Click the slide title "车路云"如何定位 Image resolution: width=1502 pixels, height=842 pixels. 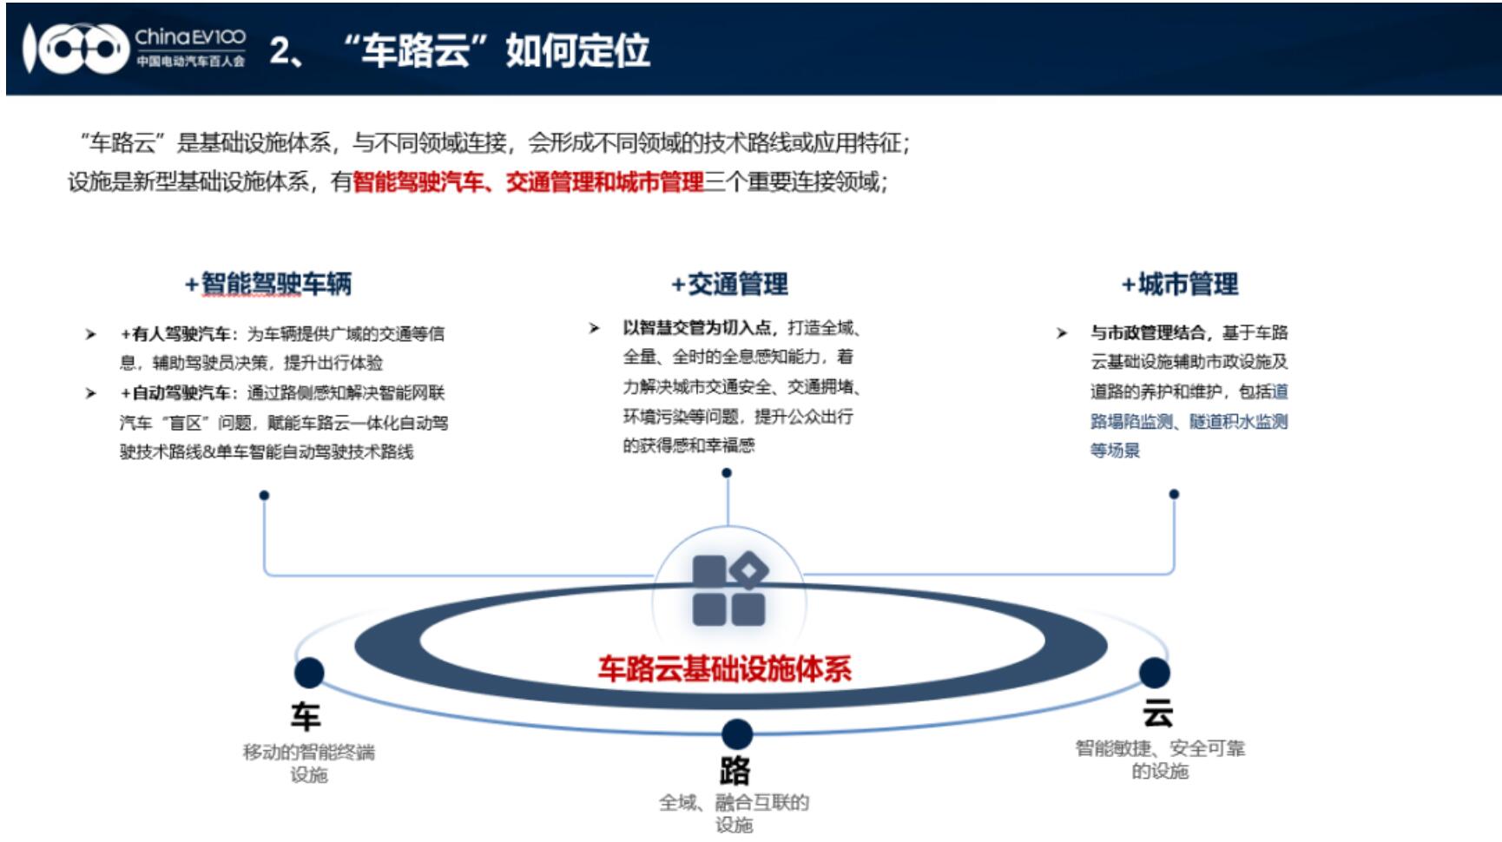[x=497, y=50]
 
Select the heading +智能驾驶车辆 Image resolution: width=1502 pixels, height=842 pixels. [x=268, y=284]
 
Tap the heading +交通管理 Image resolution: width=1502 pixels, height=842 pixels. [x=729, y=284]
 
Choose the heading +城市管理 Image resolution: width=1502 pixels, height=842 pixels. [x=1179, y=284]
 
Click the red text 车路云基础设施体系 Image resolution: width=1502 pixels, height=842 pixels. [x=725, y=668]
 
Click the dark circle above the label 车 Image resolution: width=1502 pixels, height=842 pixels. [x=309, y=673]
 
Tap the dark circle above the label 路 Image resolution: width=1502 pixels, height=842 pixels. [x=736, y=734]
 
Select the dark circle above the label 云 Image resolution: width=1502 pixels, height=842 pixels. [x=1154, y=673]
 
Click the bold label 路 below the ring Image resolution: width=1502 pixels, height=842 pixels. [x=735, y=771]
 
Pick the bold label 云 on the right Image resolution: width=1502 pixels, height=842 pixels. [x=1157, y=714]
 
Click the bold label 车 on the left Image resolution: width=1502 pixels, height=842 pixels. [x=306, y=717]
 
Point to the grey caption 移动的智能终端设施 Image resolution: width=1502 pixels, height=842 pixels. [x=309, y=763]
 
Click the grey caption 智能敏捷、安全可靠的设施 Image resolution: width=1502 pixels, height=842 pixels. [x=1160, y=760]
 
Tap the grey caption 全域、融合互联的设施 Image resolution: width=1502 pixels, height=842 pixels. [x=735, y=813]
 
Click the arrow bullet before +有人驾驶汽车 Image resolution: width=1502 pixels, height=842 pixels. [x=90, y=334]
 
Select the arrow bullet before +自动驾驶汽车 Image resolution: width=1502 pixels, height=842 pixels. [x=90, y=393]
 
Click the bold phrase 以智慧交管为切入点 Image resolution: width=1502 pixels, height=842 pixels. [x=697, y=327]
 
